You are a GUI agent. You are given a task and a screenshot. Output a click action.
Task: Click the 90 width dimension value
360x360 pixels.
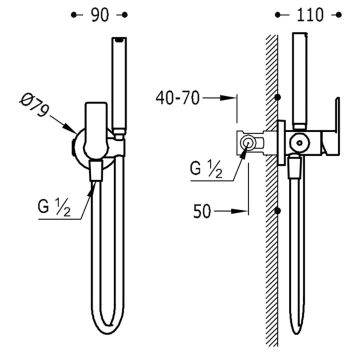pyautogui.click(x=99, y=15)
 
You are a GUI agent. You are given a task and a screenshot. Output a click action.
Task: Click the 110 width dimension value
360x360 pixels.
pyautogui.click(x=309, y=15)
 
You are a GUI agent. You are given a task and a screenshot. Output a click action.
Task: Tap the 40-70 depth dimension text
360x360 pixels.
pyautogui.click(x=177, y=97)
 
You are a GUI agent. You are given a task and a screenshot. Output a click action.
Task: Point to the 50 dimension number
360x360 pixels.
pyautogui.click(x=202, y=212)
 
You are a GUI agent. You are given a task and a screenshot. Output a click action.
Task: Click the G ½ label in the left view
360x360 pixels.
pyautogui.click(x=53, y=206)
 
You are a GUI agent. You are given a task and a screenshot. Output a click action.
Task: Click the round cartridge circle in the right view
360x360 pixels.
pyautogui.click(x=299, y=142)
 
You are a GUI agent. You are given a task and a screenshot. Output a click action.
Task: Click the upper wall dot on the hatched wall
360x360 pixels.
pyautogui.click(x=278, y=96)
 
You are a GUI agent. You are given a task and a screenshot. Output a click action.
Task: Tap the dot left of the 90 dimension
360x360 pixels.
pyautogui.click(x=74, y=15)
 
